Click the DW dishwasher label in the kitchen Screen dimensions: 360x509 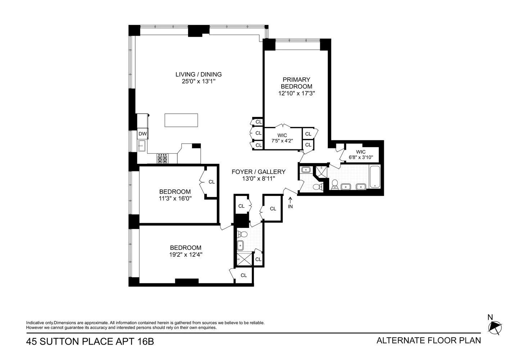[x=142, y=134]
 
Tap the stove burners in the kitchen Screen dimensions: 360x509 [x=162, y=159]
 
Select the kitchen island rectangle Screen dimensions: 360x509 [x=181, y=120]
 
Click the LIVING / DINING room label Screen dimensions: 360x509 [x=199, y=75]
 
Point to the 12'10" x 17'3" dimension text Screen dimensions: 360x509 [x=296, y=94]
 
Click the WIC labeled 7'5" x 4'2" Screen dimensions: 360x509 [x=282, y=138]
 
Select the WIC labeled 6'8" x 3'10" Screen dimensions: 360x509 [x=361, y=155]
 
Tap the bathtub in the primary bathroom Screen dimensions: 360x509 [x=375, y=176]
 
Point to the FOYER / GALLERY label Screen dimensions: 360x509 [x=258, y=172]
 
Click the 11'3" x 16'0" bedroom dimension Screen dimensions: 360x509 [x=175, y=198]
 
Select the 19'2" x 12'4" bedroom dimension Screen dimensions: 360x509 [x=186, y=255]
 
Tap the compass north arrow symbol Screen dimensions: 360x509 [x=495, y=327]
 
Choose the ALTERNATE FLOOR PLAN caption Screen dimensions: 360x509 [x=428, y=341]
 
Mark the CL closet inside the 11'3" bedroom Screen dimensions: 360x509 [x=212, y=182]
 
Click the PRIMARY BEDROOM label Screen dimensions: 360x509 [x=296, y=83]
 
